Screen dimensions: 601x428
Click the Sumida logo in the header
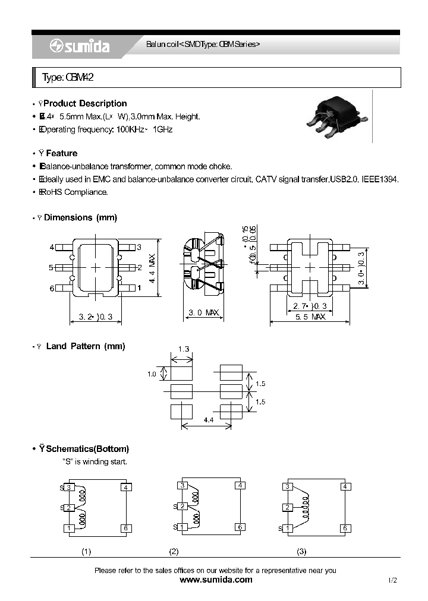(x=79, y=47)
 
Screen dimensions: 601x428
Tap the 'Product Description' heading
(x=85, y=103)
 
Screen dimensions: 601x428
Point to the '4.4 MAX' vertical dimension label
(x=152, y=268)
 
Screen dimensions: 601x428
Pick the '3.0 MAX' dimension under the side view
(x=204, y=312)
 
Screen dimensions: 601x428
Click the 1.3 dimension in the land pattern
(x=184, y=350)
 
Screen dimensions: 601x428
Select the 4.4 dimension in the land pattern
(x=209, y=420)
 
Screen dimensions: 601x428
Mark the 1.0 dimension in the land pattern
(x=152, y=374)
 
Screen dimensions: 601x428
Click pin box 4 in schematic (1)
(x=125, y=488)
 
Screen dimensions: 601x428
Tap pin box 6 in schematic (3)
(x=344, y=528)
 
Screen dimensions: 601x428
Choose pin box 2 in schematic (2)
(x=183, y=507)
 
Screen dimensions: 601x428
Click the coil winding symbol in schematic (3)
(x=306, y=508)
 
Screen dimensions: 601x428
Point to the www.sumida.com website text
(x=215, y=580)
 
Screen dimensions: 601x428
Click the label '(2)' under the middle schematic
(x=174, y=552)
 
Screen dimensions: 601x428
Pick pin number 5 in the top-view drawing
(x=52, y=268)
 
